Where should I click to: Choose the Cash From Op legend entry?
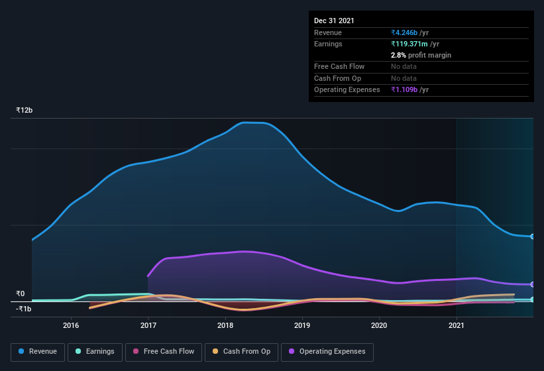pos(241,352)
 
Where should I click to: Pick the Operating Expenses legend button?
pos(327,352)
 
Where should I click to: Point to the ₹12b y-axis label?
pos(25,110)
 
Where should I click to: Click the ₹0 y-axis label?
pos(21,294)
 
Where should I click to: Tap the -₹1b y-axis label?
pos(24,309)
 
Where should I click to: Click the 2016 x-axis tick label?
pos(71,325)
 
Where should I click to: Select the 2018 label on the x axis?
pos(225,325)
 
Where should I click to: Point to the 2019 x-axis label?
pos(302,325)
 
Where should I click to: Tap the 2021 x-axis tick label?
pos(457,325)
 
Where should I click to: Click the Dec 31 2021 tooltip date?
pos(334,21)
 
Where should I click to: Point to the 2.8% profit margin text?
pos(421,55)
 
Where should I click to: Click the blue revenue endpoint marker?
pos(532,237)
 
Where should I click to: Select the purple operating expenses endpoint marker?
pos(532,284)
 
